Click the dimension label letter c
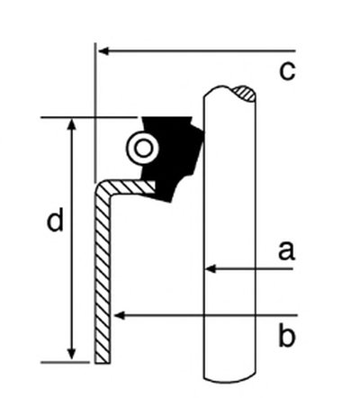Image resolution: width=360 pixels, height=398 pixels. tap(287, 72)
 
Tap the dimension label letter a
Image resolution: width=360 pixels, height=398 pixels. tap(286, 251)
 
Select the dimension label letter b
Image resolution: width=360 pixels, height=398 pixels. tap(287, 335)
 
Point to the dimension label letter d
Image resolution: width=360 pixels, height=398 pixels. tap(56, 220)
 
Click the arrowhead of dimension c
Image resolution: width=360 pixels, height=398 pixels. tap(103, 51)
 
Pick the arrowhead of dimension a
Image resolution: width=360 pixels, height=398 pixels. tap(211, 268)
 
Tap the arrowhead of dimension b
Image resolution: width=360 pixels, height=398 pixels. tap(120, 315)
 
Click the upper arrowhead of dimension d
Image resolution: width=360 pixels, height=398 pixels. tap(71, 123)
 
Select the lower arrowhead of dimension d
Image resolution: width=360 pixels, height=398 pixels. tap(71, 354)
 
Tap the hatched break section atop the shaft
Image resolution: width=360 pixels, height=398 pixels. tap(246, 94)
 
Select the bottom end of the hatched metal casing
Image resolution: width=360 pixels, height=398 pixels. tap(103, 361)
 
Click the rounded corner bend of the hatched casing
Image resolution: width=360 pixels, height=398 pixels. tap(102, 188)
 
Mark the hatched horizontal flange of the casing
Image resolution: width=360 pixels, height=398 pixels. tap(132, 186)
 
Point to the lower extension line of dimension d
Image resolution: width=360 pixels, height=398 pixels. tap(65, 362)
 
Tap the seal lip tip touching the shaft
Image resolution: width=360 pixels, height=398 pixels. tap(203, 132)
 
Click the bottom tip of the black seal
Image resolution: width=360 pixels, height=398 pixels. tap(169, 201)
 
